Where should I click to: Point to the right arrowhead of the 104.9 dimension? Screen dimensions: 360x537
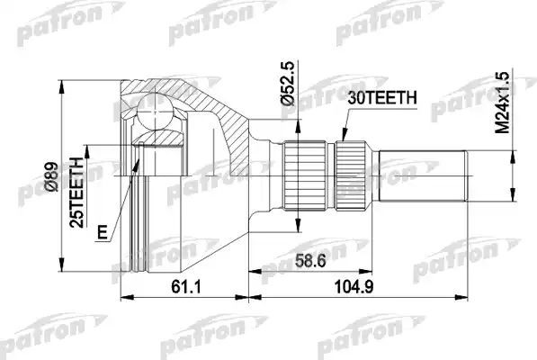[467, 293]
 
